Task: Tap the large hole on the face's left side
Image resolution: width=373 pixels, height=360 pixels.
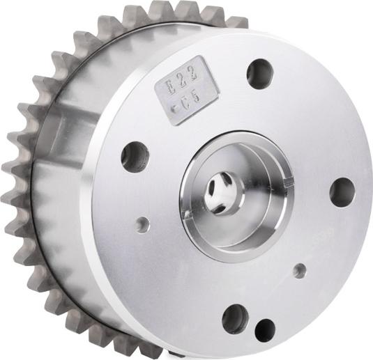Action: coord(135,156)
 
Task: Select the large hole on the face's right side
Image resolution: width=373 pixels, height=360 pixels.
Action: coord(342,192)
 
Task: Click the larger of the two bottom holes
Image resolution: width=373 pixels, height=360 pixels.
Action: coord(235,318)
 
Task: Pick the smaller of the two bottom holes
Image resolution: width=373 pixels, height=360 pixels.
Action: coord(265,330)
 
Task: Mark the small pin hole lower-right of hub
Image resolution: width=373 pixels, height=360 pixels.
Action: coord(299,270)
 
